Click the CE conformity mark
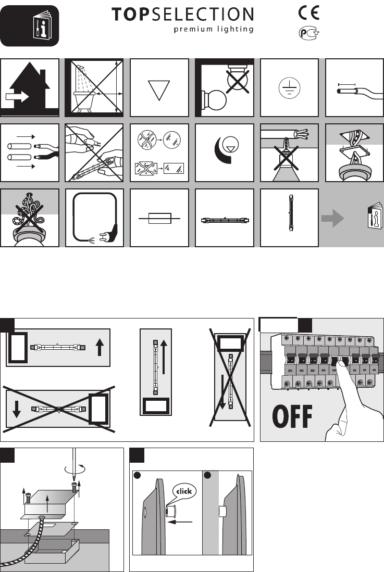pos(309,12)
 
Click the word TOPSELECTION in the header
pos(182,15)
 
